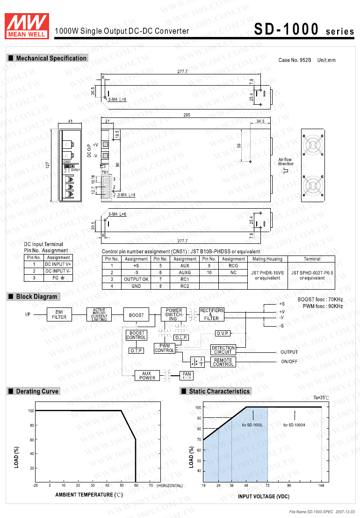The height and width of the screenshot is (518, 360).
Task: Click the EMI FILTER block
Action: point(59,314)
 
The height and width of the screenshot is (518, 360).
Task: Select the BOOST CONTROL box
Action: point(137,335)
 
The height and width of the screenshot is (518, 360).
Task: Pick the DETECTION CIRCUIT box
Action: point(223,350)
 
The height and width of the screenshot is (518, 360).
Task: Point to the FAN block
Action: point(187,375)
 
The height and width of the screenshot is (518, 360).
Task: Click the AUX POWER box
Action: point(147,375)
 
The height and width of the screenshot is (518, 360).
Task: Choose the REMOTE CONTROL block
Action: point(223,362)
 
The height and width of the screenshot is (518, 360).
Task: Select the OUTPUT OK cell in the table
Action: point(136,279)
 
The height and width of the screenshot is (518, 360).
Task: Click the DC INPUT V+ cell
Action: point(58,264)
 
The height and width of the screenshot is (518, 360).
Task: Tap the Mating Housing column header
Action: point(267,259)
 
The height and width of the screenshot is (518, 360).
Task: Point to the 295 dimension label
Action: point(187,115)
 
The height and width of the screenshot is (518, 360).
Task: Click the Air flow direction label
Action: point(286,161)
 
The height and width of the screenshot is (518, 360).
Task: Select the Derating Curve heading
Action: point(37,391)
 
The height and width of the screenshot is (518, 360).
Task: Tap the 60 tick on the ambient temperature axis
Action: point(136,486)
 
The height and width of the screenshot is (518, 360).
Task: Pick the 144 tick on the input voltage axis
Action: point(322,486)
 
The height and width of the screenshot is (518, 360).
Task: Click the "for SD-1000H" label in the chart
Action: point(294,425)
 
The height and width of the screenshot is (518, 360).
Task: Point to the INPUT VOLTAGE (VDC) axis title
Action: point(263,496)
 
